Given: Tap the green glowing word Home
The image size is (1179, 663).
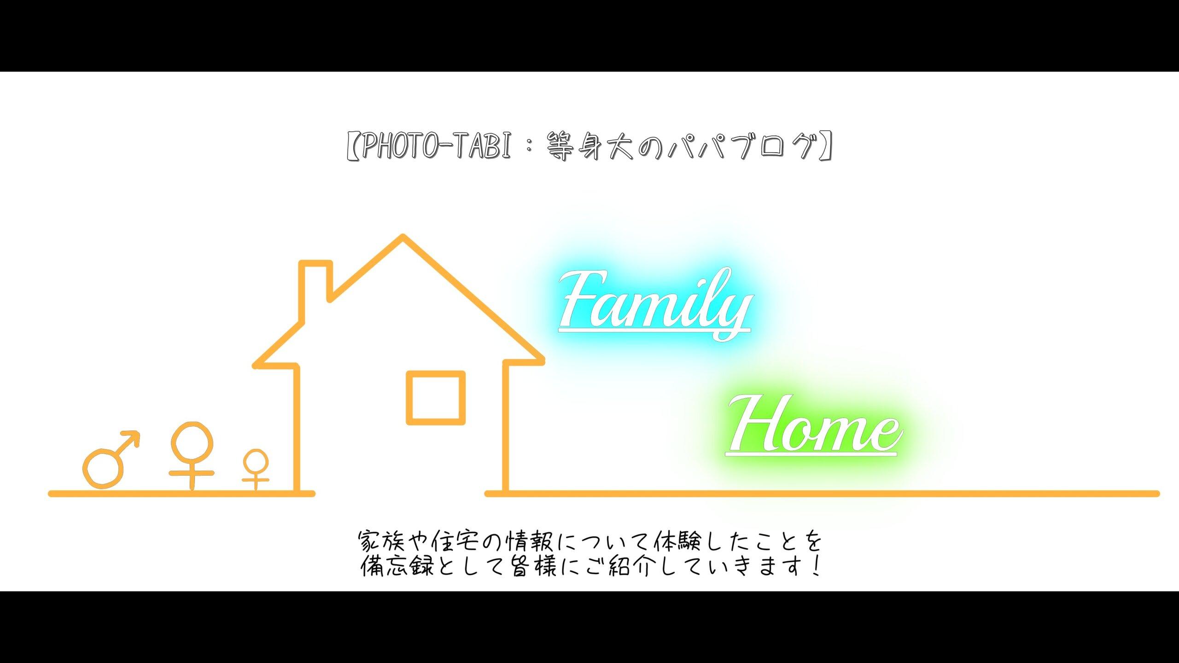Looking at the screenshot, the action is coord(814,425).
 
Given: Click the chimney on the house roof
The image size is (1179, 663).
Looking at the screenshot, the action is coord(316,281).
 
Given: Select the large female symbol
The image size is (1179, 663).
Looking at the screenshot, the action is coord(192,455).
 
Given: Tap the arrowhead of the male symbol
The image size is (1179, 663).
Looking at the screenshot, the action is coord(131,439).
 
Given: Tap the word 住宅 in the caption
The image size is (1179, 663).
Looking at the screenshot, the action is coord(453,542).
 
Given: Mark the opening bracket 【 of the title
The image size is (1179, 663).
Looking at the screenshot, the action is coord(353,146).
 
